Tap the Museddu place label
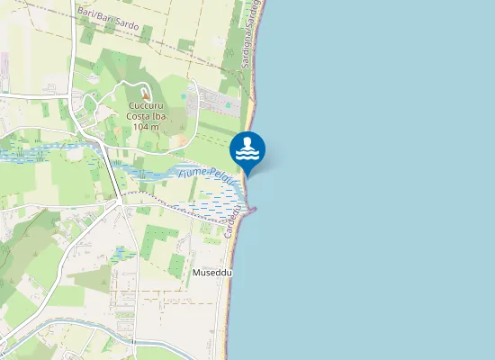click(212, 271)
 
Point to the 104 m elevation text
click(145, 127)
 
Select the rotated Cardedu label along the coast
click(235, 220)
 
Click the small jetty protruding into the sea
click(253, 211)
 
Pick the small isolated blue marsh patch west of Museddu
click(124, 254)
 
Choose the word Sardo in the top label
click(126, 24)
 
